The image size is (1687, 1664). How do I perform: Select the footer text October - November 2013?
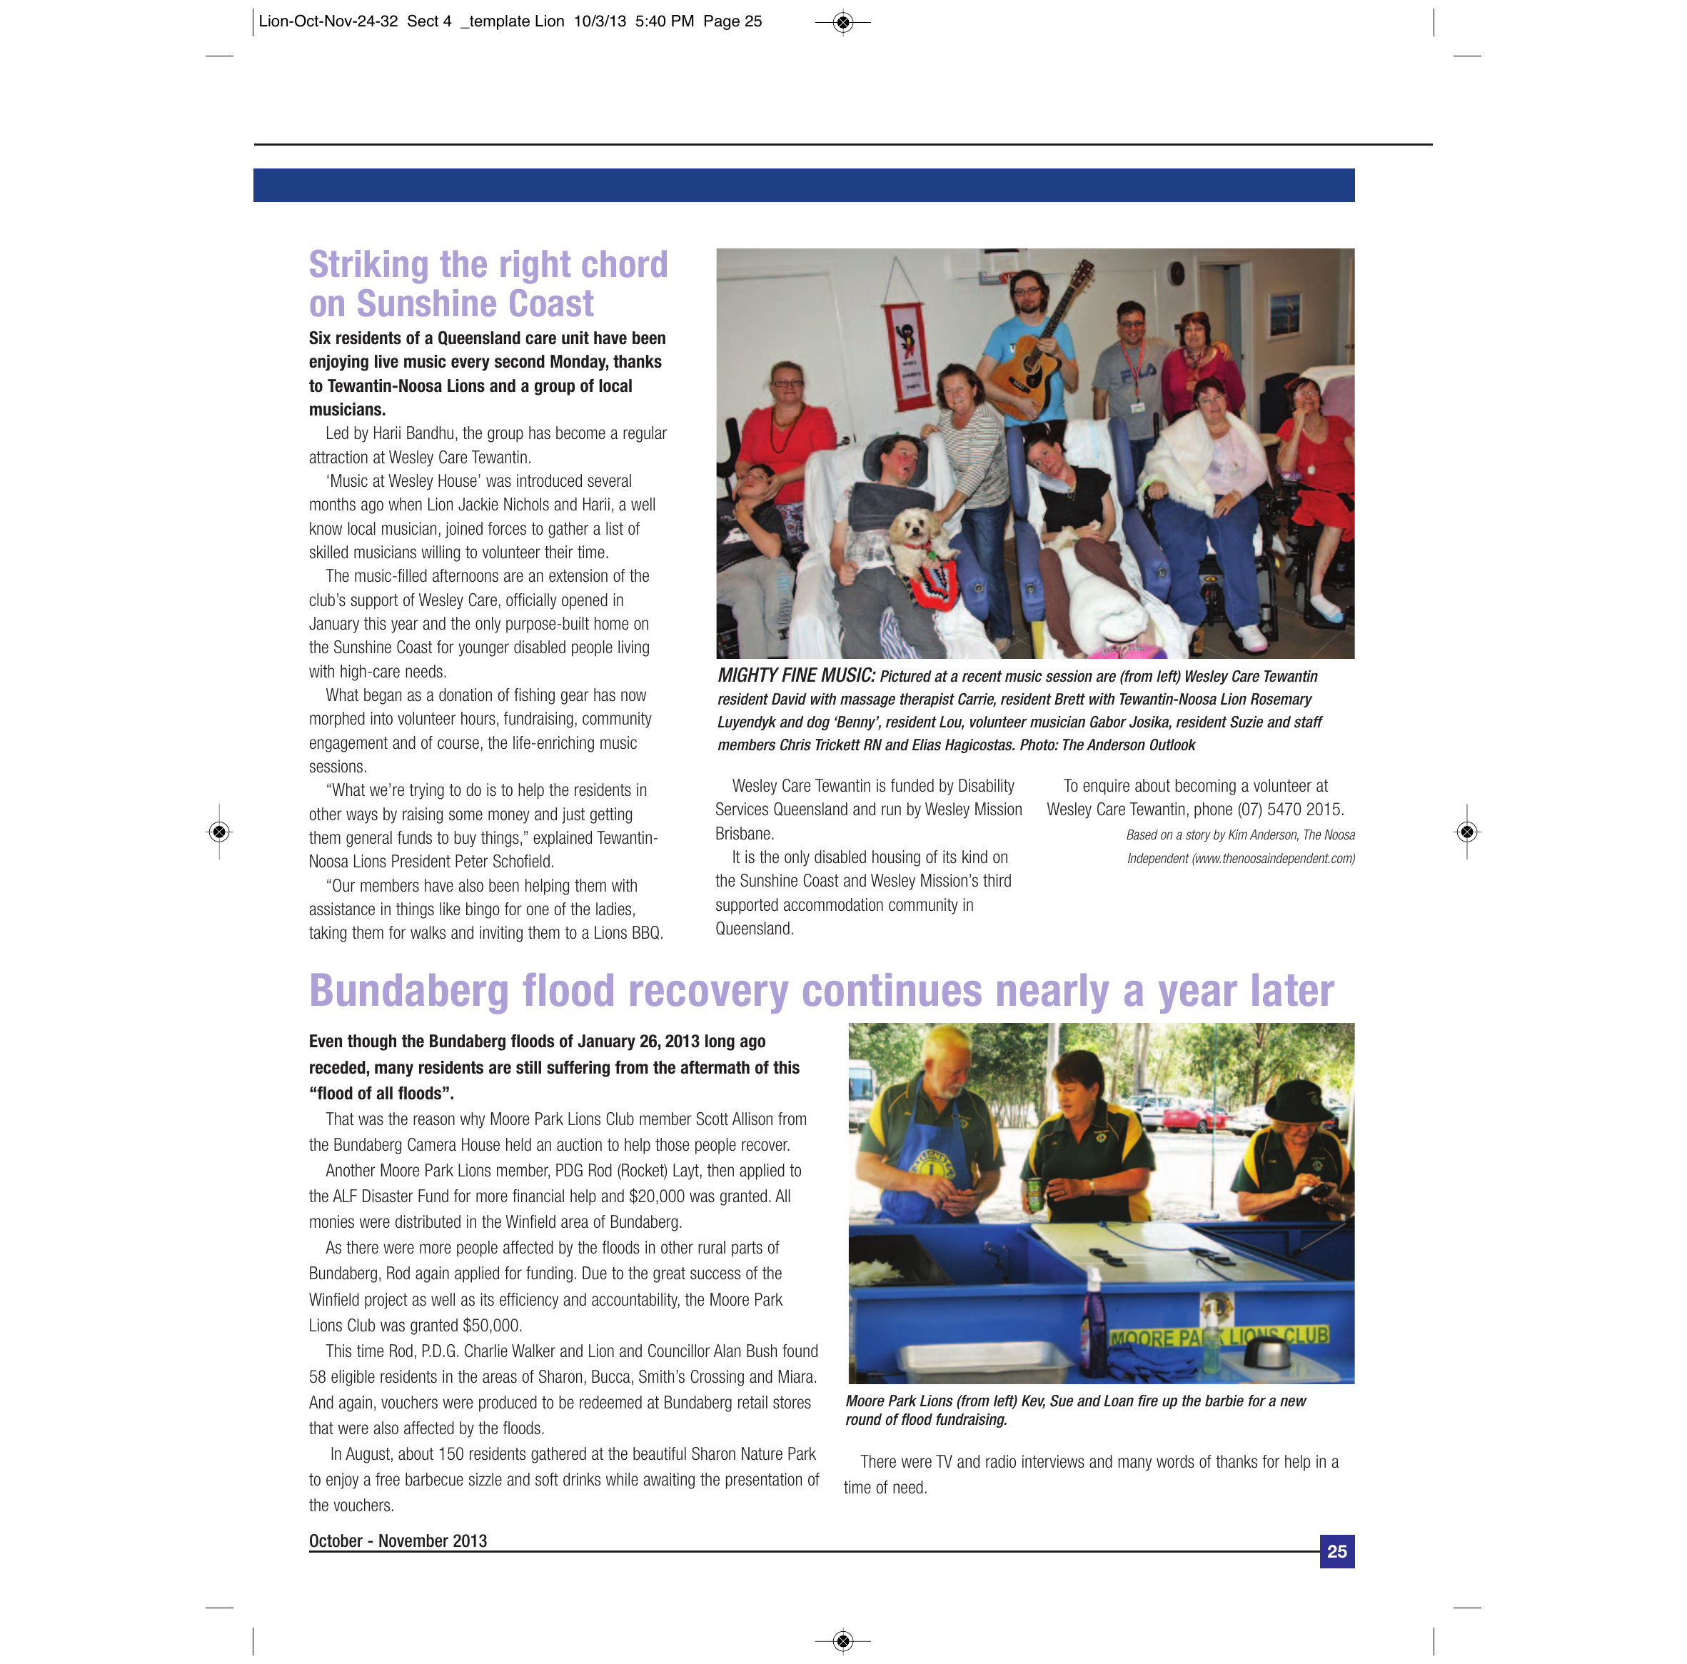(398, 1541)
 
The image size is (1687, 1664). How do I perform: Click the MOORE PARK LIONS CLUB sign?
(1219, 1336)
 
